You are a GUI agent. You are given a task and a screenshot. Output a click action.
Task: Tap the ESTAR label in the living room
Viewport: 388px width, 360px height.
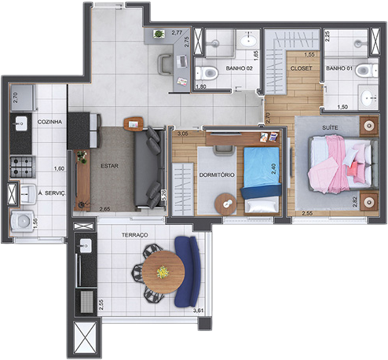coord(109,166)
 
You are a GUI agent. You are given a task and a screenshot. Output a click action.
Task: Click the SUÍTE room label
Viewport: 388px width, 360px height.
coord(330,126)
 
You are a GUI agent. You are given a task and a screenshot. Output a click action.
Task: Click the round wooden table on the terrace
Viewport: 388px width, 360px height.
coord(163,271)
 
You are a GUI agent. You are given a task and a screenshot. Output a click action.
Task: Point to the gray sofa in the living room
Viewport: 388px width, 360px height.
coord(147,167)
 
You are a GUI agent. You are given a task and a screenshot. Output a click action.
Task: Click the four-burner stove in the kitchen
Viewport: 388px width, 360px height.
coord(20,165)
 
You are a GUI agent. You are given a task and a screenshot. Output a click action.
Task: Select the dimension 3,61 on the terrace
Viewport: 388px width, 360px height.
coord(199,310)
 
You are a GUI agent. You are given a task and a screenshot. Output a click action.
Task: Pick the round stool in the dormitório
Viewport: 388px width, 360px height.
coord(223,204)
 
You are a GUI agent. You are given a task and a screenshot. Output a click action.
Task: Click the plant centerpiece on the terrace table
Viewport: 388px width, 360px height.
coord(163,271)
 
